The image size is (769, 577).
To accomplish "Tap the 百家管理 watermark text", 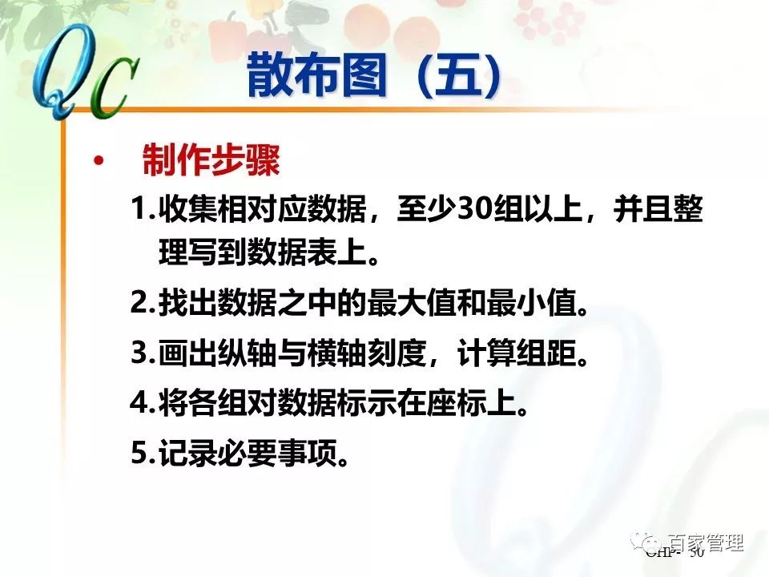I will pos(706,543).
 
